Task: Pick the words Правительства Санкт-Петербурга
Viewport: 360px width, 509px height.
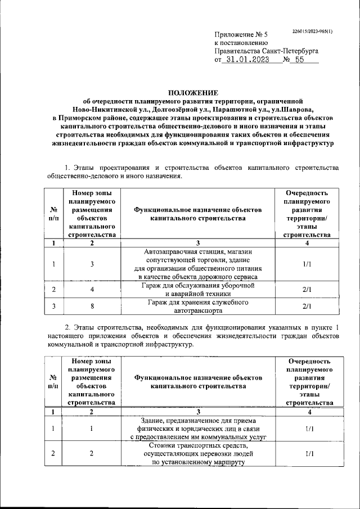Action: [x=267, y=51]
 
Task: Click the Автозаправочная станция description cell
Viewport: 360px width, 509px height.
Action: [x=197, y=264]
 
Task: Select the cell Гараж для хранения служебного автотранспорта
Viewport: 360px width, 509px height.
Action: [x=197, y=307]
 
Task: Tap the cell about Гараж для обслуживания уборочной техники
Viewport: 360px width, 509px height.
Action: [x=197, y=289]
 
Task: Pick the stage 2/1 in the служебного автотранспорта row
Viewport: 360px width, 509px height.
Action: [x=307, y=307]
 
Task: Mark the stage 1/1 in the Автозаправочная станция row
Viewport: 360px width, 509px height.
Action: [x=307, y=264]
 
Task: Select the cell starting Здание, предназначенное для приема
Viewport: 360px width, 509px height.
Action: [x=197, y=429]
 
